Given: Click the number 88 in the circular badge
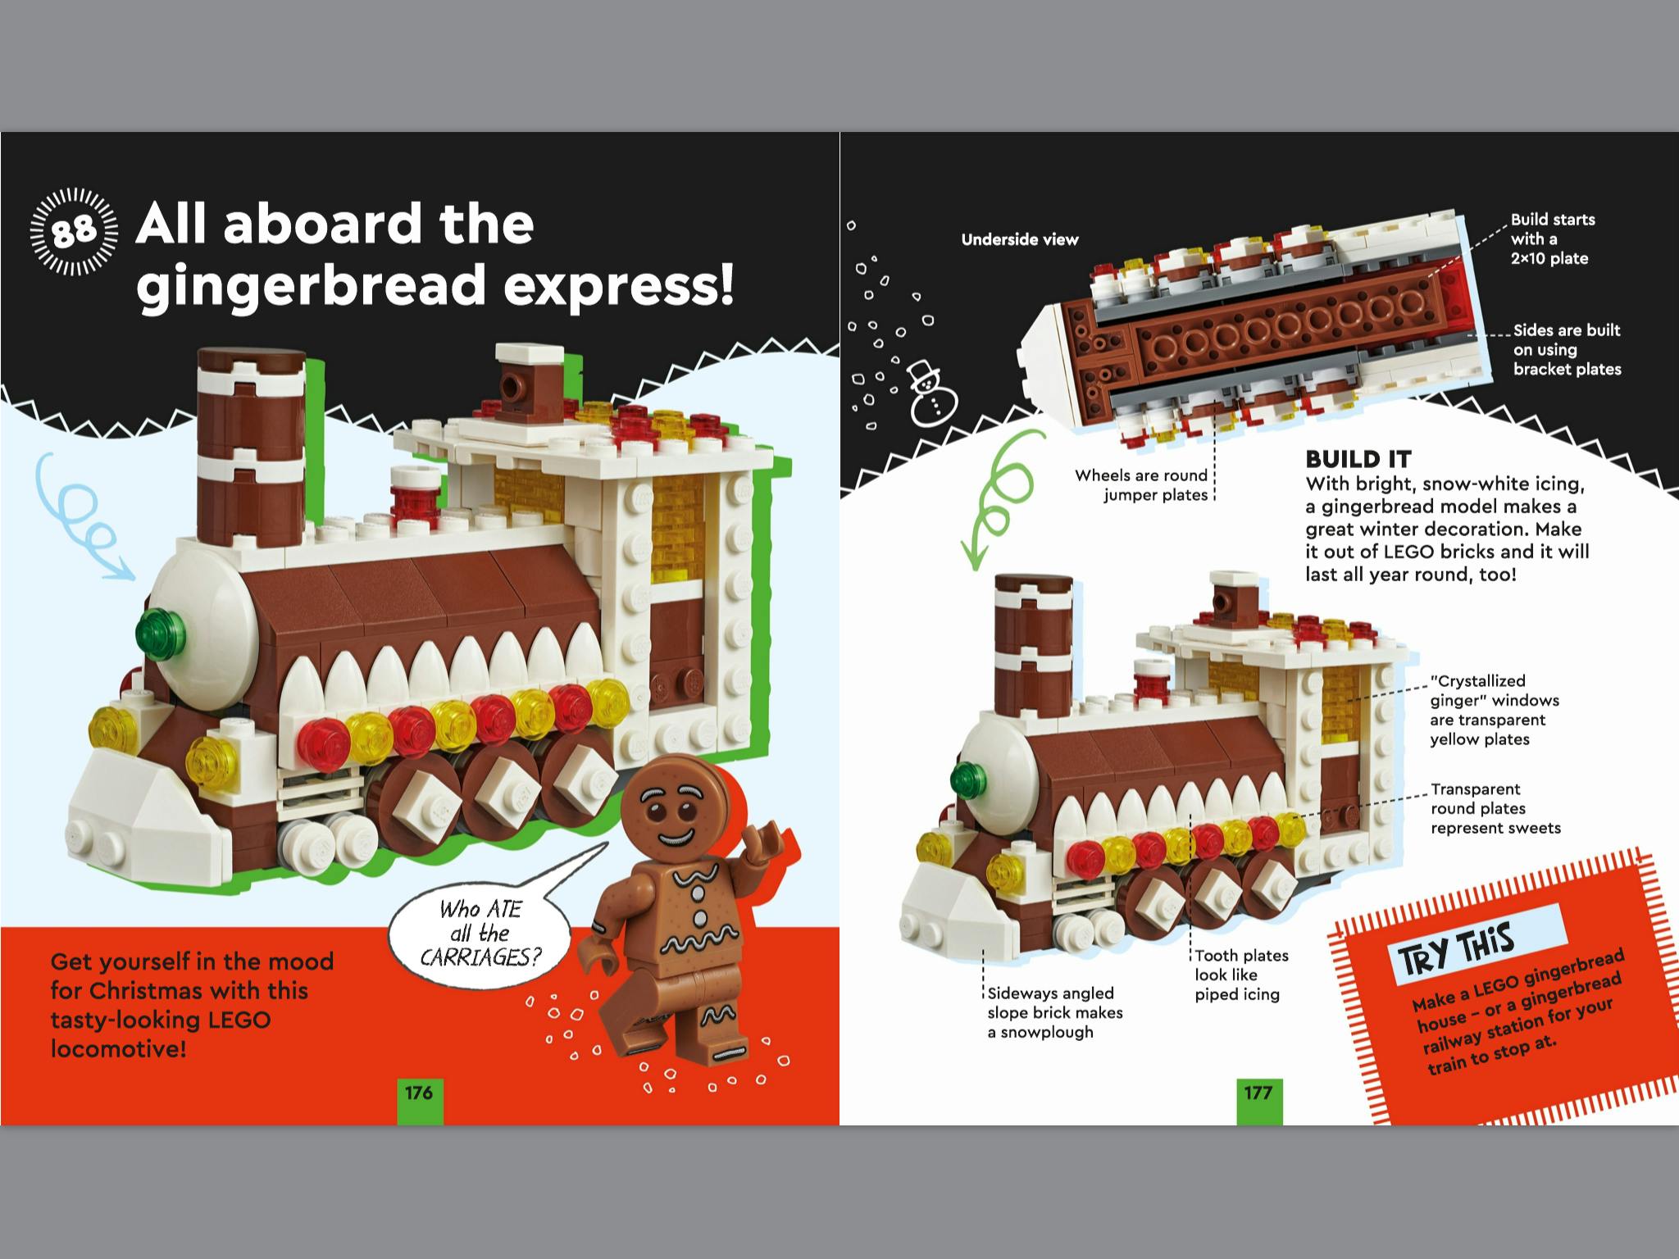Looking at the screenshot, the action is (x=74, y=232).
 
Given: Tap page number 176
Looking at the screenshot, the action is (x=419, y=1093).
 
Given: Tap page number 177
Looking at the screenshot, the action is (x=1258, y=1093).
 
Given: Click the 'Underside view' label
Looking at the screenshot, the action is (x=1020, y=240).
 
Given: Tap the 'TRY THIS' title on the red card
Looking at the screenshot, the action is (x=1455, y=951).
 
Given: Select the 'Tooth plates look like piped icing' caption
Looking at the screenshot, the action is (x=1241, y=975).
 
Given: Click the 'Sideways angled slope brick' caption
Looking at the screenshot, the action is (x=1054, y=1012).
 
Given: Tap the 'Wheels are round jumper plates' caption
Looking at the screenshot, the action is (x=1140, y=485).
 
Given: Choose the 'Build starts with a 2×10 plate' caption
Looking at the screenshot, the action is (x=1553, y=239).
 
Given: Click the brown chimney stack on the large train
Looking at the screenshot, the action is (x=251, y=447).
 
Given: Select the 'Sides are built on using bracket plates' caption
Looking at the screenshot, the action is (x=1567, y=349).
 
